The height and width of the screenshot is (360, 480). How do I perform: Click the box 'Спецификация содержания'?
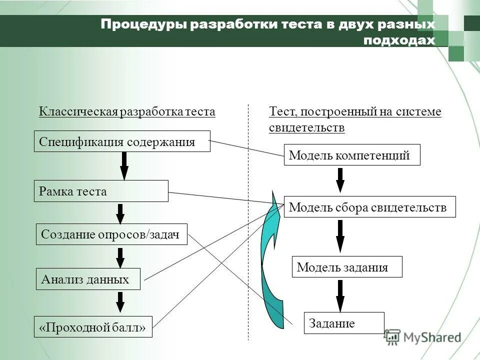click(122, 141)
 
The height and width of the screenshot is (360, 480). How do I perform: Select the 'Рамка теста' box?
click(101, 191)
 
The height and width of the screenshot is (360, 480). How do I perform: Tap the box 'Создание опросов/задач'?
click(111, 234)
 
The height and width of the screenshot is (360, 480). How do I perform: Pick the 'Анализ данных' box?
click(88, 279)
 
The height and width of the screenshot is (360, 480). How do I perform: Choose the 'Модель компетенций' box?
click(352, 155)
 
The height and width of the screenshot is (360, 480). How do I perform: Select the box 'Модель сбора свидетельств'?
click(370, 207)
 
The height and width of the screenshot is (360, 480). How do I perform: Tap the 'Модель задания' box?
click(347, 267)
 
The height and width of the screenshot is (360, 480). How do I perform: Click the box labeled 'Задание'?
click(344, 323)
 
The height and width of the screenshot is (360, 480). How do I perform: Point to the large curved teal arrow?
click(270, 260)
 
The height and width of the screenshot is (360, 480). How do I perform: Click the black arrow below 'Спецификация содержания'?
click(124, 165)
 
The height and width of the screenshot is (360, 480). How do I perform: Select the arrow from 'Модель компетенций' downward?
click(340, 180)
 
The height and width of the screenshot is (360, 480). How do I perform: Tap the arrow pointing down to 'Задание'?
click(340, 295)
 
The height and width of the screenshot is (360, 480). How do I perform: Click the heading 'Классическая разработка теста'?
click(127, 111)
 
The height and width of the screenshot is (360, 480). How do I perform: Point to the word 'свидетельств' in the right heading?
click(306, 128)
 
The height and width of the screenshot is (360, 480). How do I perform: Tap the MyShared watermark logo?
click(422, 337)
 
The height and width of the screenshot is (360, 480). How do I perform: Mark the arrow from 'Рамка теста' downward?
click(120, 213)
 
